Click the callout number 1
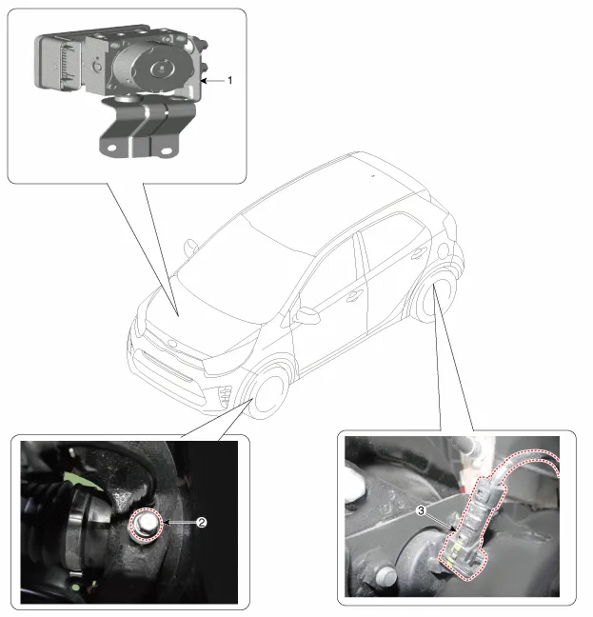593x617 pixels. [230, 81]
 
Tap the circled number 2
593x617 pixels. [202, 523]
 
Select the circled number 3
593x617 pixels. [421, 510]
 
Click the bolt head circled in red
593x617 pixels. [147, 525]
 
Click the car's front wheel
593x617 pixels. [268, 393]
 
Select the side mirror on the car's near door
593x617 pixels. [307, 315]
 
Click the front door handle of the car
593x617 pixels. [355, 295]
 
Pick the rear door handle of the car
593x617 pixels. [419, 254]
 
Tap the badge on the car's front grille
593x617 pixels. [172, 343]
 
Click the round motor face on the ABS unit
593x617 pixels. [162, 69]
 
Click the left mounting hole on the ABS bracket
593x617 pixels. [111, 149]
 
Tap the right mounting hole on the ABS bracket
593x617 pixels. [166, 150]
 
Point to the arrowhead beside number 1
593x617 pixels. [204, 81]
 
